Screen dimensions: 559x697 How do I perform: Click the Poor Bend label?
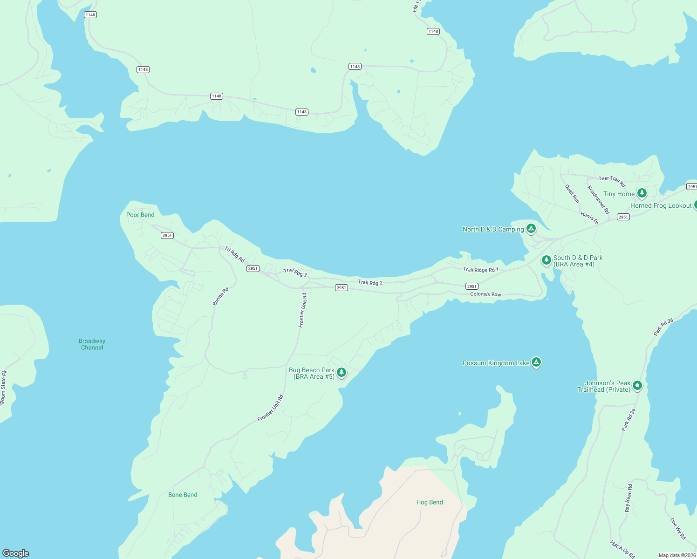coord(140,215)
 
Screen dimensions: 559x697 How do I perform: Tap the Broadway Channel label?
coord(92,344)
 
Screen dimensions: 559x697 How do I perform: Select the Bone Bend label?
coord(183,495)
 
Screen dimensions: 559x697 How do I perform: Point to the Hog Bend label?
coord(430,502)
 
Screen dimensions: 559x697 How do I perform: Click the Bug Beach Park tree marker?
coord(342,372)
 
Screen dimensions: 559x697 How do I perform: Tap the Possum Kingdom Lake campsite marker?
coord(536,362)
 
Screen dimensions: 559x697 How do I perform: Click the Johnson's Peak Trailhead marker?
coord(637,385)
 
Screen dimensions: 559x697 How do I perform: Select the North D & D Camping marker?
coord(531,228)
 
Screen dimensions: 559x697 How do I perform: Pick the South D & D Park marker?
coord(547,260)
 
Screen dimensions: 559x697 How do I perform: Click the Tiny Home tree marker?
coord(642,193)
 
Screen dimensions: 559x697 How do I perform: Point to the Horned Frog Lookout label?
coord(661,205)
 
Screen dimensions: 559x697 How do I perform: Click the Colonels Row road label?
coord(485,294)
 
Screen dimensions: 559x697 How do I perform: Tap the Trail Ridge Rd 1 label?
coord(480,270)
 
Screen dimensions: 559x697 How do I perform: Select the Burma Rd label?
coord(221,296)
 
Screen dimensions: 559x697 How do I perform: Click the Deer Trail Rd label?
coord(612,180)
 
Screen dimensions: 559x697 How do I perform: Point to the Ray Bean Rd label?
coord(629,498)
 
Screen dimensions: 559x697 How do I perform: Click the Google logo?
coord(16,553)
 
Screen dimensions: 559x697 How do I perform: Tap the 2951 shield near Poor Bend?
coord(167,235)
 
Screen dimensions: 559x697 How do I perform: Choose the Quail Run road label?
coord(573,193)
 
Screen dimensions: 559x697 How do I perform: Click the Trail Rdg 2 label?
coord(370,282)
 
